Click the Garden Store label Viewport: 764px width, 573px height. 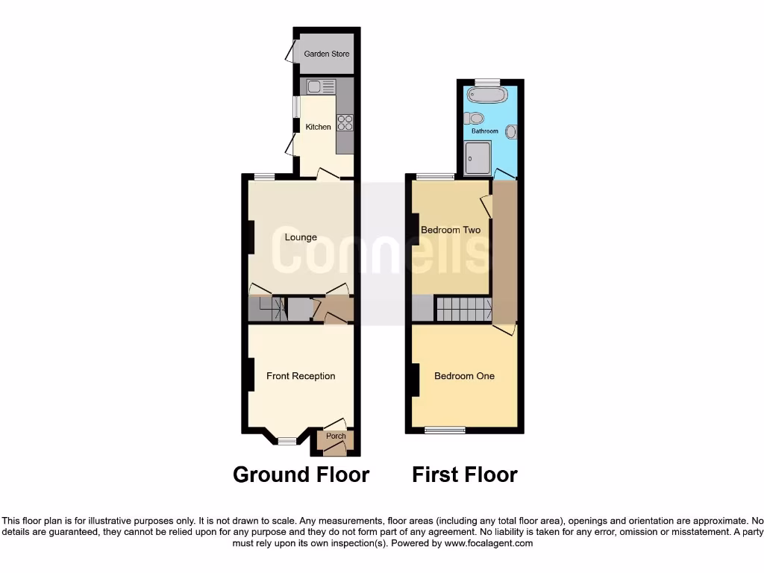tap(326, 54)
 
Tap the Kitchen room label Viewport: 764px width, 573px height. tap(319, 127)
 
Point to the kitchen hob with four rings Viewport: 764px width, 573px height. tap(345, 122)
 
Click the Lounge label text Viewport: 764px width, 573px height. tap(301, 237)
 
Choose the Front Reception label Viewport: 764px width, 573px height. tap(301, 376)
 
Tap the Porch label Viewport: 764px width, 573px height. tap(336, 436)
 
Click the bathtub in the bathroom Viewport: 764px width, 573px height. tap(486, 95)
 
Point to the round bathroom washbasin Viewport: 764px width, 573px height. tap(511, 132)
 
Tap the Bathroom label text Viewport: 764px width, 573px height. tap(484, 131)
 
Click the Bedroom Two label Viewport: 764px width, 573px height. tap(451, 230)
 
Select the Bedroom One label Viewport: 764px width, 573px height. tap(464, 376)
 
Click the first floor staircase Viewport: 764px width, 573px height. tap(463, 308)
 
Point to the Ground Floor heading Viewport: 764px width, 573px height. tap(301, 475)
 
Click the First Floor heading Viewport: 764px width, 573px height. tap(464, 475)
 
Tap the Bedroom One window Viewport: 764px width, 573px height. tap(445, 430)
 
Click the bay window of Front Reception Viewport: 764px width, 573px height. tap(287, 442)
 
